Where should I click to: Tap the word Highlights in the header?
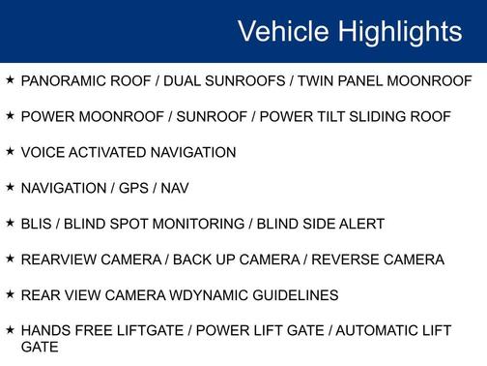tap(399, 31)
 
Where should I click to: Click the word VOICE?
tap(42, 153)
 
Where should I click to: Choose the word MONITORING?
tap(200, 225)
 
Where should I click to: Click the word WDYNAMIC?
tap(199, 295)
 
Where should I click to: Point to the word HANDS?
tap(44, 331)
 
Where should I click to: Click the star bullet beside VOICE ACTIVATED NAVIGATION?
tap(10, 152)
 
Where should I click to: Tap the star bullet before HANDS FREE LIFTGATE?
tap(10, 330)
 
